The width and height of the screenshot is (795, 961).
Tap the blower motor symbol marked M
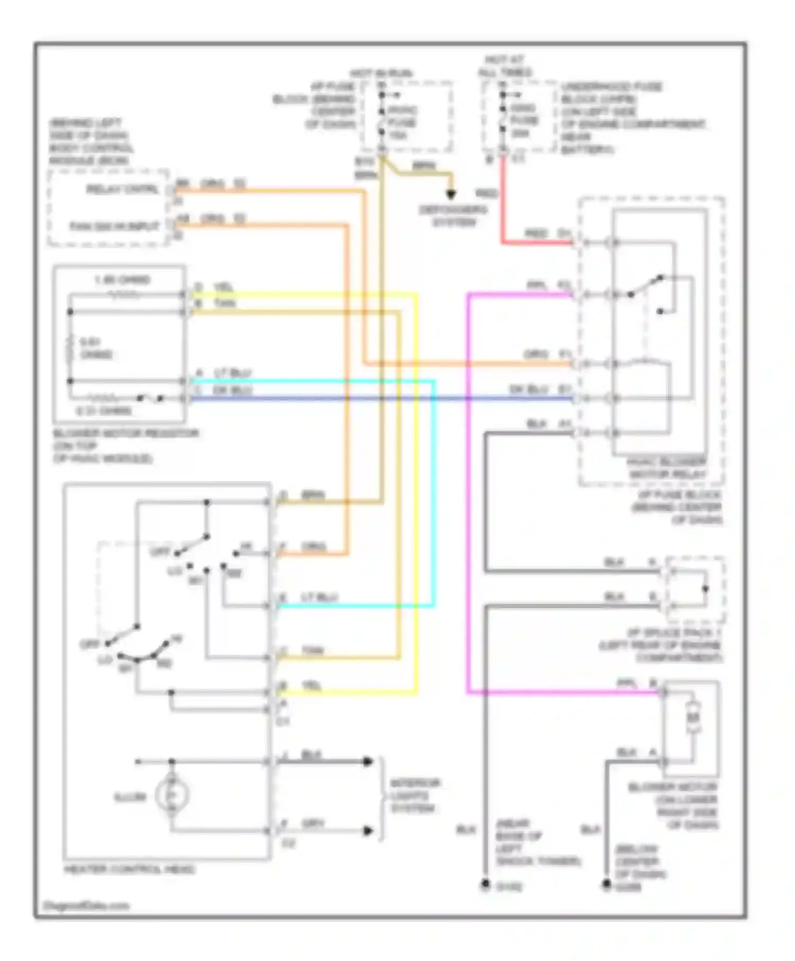693,717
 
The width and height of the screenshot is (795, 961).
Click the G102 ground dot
484,885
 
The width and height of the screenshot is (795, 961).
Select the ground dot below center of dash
606,885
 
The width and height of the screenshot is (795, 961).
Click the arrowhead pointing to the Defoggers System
450,195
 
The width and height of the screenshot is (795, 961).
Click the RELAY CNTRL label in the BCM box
122,189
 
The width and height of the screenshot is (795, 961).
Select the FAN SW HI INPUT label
114,226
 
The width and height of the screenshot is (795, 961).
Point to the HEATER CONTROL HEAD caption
129,869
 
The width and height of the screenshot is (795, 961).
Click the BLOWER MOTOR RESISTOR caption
126,433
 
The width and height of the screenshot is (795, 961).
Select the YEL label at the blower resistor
223,287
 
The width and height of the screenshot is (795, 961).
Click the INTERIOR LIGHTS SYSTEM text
415,795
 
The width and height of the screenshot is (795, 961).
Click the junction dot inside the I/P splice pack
705,589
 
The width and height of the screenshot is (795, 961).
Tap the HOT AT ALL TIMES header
505,66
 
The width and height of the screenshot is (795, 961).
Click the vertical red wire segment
502,201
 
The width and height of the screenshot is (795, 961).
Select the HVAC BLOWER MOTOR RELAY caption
667,468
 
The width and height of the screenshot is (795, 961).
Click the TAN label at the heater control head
312,650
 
